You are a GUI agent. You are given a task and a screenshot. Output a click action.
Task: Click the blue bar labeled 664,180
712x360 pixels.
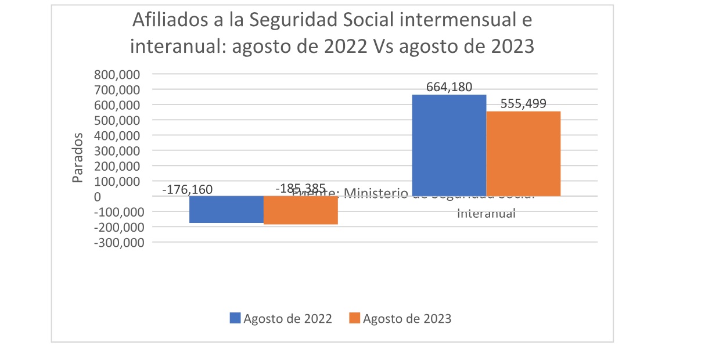tap(448, 145)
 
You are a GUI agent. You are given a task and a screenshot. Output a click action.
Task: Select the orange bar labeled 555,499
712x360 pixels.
tap(523, 154)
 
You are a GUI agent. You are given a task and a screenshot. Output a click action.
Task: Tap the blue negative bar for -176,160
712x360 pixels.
tap(226, 210)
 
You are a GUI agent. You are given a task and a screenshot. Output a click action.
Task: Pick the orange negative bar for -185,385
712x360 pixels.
tap(301, 210)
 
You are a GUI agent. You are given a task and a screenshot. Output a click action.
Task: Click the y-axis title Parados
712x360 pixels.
tap(78, 157)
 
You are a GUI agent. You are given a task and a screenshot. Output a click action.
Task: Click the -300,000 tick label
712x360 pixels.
tap(118, 242)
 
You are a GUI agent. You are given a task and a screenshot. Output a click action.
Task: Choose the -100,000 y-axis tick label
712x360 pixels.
tap(118, 212)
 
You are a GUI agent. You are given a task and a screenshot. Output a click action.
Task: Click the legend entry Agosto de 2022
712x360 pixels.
tap(287, 318)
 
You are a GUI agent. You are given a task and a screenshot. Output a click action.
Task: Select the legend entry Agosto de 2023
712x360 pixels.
tap(407, 318)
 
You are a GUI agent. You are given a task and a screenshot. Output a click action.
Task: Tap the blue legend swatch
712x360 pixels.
tap(235, 318)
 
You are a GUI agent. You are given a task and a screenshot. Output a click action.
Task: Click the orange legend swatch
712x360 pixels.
tap(355, 318)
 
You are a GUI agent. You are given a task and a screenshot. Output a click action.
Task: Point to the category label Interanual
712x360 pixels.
tap(487, 213)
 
